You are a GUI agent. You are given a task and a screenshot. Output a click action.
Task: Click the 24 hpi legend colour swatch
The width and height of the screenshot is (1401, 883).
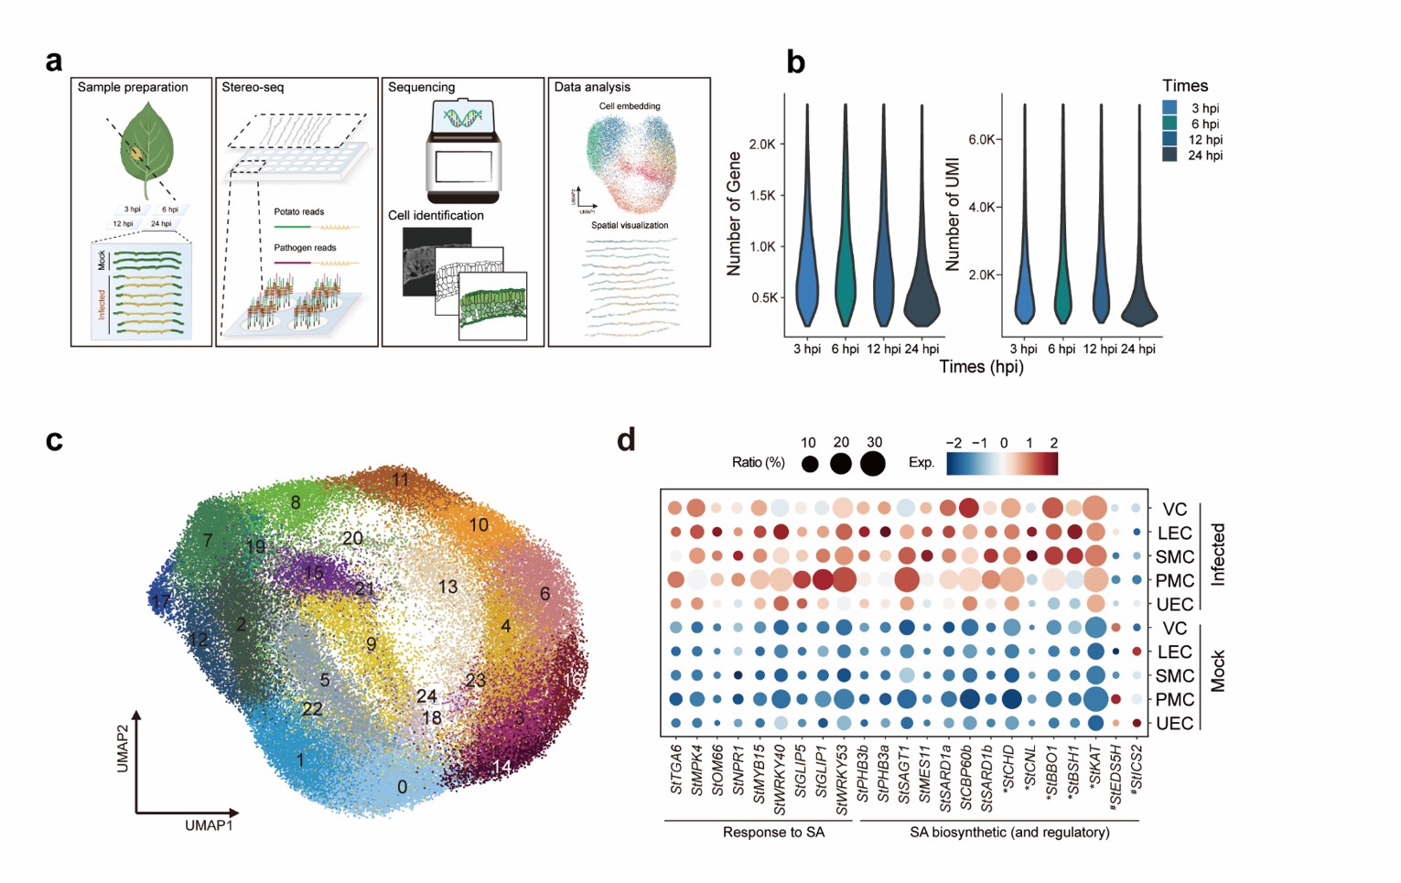click(x=1169, y=156)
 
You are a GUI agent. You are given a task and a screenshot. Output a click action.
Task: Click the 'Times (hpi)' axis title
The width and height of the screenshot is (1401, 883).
click(x=981, y=367)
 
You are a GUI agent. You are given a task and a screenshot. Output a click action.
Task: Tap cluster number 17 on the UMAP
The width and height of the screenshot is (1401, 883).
click(x=161, y=602)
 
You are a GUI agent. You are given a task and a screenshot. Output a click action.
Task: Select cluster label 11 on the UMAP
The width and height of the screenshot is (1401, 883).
click(x=400, y=480)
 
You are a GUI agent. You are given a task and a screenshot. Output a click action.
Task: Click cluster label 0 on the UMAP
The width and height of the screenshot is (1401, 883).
click(x=403, y=787)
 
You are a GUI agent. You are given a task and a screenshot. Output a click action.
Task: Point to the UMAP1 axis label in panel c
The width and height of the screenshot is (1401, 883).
click(x=209, y=825)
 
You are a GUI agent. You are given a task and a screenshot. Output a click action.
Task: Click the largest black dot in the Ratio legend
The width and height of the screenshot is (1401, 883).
click(x=873, y=464)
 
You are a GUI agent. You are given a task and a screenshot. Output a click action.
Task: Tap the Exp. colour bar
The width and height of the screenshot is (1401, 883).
click(x=1002, y=464)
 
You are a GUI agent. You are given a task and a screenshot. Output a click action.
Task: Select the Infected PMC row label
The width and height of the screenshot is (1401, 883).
click(x=1174, y=581)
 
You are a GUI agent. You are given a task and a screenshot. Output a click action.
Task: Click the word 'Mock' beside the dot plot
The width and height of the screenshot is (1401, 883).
click(x=1217, y=673)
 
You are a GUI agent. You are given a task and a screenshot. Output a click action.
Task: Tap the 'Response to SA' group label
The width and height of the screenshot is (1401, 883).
click(x=773, y=833)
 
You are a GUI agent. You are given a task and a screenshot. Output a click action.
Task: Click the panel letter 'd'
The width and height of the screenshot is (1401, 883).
click(x=626, y=440)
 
